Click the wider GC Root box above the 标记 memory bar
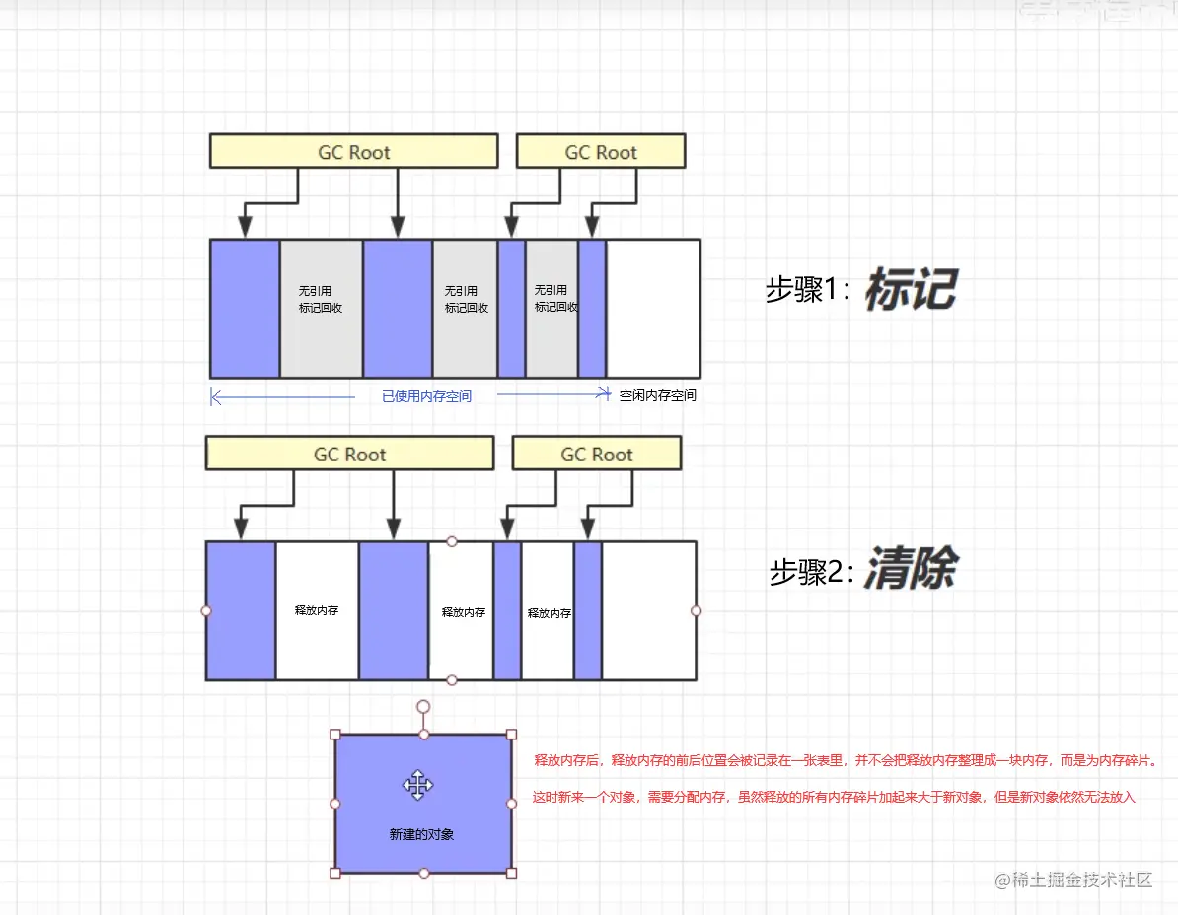[353, 152]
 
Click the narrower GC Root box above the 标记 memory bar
[601, 152]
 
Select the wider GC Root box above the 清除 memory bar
[349, 454]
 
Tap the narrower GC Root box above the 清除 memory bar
[597, 454]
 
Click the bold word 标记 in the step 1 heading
[911, 289]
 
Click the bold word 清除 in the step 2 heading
[911, 571]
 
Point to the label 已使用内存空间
[426, 396]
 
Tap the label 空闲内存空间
[658, 395]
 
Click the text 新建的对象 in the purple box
[421, 834]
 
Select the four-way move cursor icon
[418, 785]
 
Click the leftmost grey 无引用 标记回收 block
[322, 308]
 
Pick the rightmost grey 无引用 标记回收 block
[552, 308]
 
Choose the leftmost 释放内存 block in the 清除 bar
[317, 610]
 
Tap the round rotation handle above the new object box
[423, 707]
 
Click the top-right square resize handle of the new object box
[511, 735]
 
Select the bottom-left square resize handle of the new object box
[335, 873]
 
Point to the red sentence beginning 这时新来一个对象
[834, 797]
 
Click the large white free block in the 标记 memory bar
[653, 308]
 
